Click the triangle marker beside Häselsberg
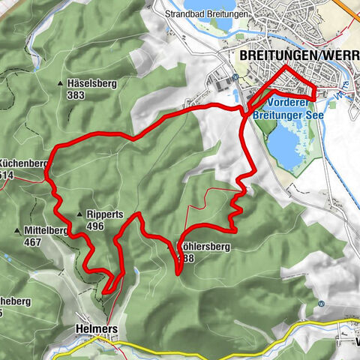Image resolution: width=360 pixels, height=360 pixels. tap(61, 84)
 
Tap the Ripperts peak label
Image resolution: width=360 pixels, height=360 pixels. tap(105, 214)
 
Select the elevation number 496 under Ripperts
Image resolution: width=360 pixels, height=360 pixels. tap(94, 226)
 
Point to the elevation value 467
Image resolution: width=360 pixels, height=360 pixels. tap(32, 242)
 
